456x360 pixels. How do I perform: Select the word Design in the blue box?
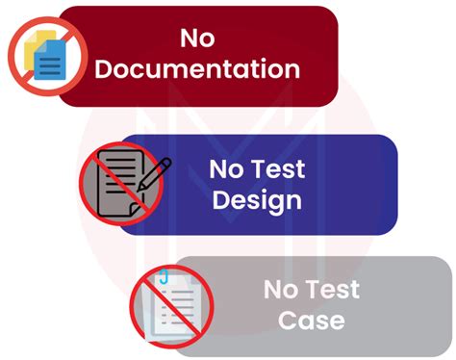point(256,200)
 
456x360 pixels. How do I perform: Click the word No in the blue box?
point(224,169)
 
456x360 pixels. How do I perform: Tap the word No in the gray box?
point(279,288)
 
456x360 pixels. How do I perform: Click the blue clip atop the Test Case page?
point(165,278)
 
